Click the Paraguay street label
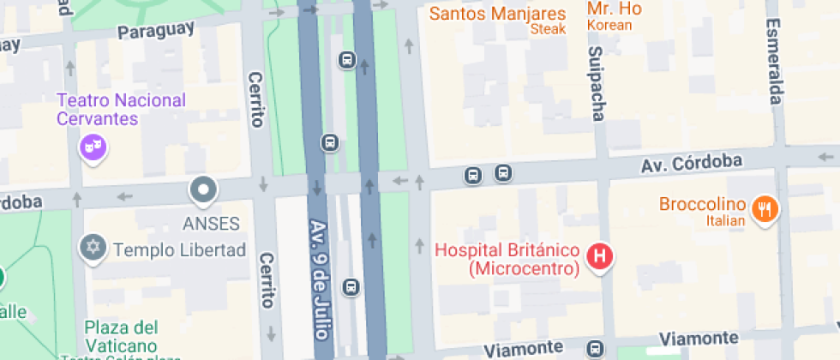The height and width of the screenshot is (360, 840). click(156, 31)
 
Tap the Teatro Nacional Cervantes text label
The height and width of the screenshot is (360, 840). click(121, 109)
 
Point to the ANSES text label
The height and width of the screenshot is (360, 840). click(211, 224)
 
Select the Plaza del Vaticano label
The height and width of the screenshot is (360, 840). click(121, 336)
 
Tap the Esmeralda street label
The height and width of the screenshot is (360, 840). click(773, 61)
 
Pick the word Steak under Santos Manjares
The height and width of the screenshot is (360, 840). click(549, 29)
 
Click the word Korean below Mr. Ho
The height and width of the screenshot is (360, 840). click(609, 25)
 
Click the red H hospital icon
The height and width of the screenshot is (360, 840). click(602, 255)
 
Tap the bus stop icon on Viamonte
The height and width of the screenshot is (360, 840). click(595, 348)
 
